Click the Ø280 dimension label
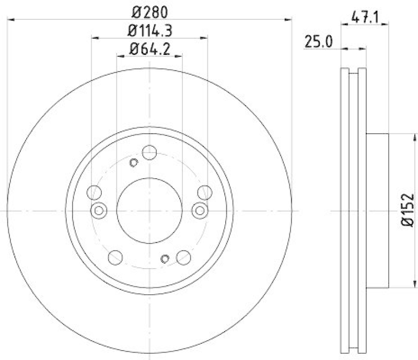pyautogui.click(x=150, y=11)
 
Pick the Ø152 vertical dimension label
pyautogui.click(x=408, y=211)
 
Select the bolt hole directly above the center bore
pyautogui.click(x=149, y=152)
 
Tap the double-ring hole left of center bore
pyautogui.click(x=98, y=210)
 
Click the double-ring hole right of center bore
pyautogui.click(x=200, y=210)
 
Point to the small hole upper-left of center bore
pyautogui.click(x=133, y=163)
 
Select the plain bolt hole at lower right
pyautogui.click(x=183, y=257)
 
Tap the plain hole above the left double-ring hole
pyautogui.click(x=95, y=192)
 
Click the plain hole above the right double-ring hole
pyautogui.click(x=204, y=192)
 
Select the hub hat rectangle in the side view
pyautogui.click(x=378, y=210)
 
